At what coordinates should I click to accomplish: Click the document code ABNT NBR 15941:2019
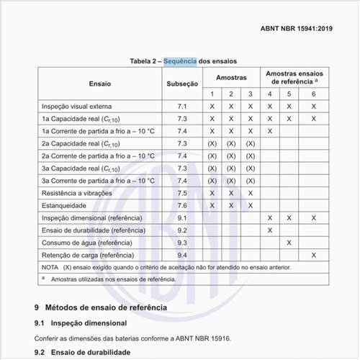click(306, 30)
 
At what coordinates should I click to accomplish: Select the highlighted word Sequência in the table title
click(179, 61)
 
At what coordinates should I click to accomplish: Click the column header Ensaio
click(99, 84)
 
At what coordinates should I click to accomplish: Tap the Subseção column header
click(182, 84)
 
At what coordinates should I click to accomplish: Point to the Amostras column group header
click(230, 76)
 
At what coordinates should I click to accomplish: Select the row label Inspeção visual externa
click(76, 107)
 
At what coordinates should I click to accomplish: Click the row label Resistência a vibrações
click(75, 193)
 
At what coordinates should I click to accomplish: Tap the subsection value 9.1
click(182, 217)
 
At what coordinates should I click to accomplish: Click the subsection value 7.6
click(182, 205)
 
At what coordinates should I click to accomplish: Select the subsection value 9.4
click(182, 255)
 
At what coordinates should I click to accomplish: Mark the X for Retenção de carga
click(313, 255)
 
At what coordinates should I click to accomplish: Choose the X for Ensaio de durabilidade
click(269, 230)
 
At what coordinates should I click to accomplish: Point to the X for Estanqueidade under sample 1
click(212, 205)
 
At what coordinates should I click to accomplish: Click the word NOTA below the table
click(50, 268)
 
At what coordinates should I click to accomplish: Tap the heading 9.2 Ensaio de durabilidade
click(86, 353)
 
